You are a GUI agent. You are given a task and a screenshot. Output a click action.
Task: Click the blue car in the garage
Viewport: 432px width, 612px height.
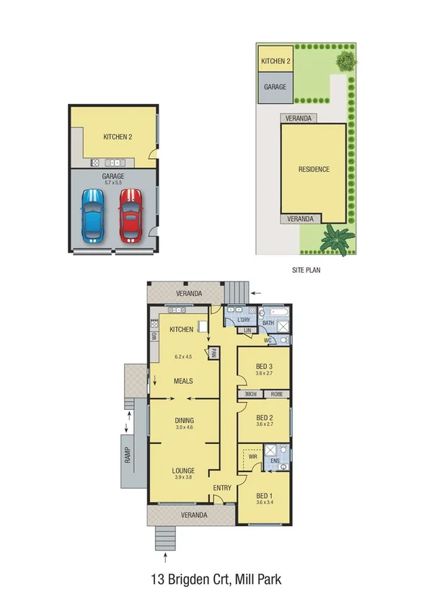(x=92, y=214)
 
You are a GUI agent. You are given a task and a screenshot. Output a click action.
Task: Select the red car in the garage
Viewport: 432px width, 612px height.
(x=131, y=214)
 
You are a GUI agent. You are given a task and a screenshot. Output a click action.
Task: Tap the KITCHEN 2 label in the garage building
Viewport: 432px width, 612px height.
(x=118, y=136)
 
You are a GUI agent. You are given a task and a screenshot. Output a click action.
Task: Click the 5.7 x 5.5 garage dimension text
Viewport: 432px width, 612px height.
(x=113, y=183)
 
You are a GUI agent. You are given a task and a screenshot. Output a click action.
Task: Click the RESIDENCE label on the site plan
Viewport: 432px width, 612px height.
(x=314, y=170)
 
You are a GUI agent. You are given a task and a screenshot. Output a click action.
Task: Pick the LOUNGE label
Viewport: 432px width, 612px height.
(x=183, y=471)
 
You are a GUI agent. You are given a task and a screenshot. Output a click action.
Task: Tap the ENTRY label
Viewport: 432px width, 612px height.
(x=222, y=489)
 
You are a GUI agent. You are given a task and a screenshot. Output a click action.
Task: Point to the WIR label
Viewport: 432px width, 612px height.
(x=253, y=457)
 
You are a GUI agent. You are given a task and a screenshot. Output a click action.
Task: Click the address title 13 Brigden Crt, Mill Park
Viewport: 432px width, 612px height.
(x=216, y=579)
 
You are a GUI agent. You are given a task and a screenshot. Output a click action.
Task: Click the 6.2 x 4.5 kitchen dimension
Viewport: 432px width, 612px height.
(x=183, y=357)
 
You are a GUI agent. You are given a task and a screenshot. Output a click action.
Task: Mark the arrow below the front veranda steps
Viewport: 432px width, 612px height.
(x=166, y=556)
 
